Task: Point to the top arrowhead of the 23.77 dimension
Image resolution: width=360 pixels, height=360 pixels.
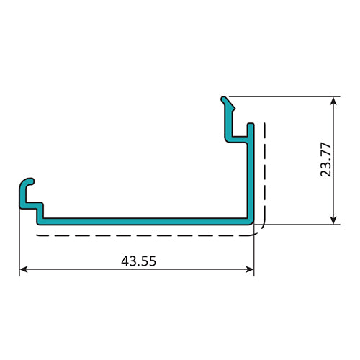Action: coord(333,102)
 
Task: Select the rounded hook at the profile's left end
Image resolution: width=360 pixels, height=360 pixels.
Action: coord(26,185)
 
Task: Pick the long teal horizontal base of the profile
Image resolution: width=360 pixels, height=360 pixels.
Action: coord(144,218)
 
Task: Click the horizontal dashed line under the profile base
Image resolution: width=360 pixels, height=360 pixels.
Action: coord(144,234)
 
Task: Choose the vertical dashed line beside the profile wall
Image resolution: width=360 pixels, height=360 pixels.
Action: coord(266,173)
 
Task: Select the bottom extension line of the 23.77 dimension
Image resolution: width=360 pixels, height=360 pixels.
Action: coord(302,224)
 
